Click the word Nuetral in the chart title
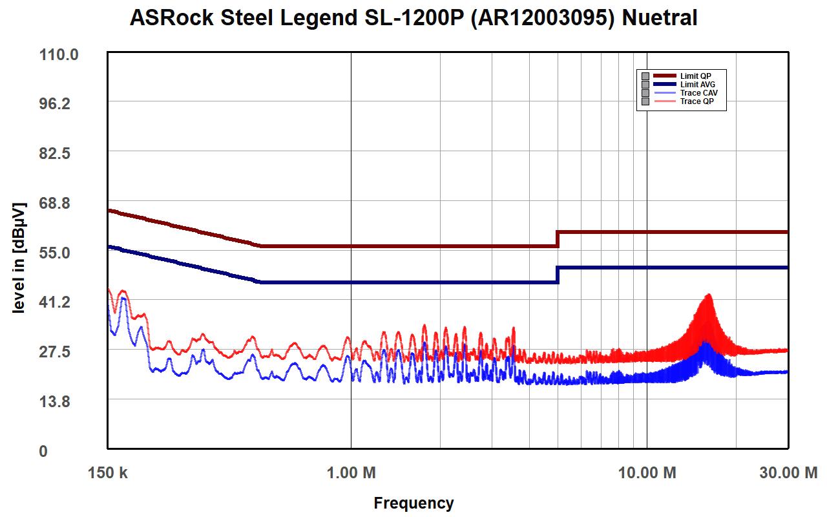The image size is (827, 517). coord(659,17)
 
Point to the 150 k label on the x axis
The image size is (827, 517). coord(107,473)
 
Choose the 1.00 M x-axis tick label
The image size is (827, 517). coord(351,473)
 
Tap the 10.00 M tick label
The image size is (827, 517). coord(647,473)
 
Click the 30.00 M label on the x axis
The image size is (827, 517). coord(788,473)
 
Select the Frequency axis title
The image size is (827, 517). coord(413,503)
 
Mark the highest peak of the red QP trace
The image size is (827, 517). coord(709,295)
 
